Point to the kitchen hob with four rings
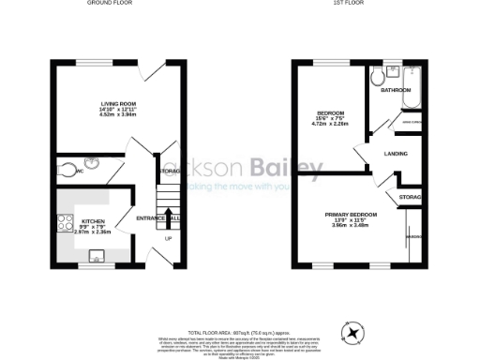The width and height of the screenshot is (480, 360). [66, 223]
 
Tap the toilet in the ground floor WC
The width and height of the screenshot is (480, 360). [62, 170]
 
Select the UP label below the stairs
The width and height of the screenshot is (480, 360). [169, 238]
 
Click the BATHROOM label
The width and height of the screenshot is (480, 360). [396, 91]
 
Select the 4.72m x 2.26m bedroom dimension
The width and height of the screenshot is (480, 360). [330, 122]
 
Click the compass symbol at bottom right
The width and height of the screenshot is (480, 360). [353, 332]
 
